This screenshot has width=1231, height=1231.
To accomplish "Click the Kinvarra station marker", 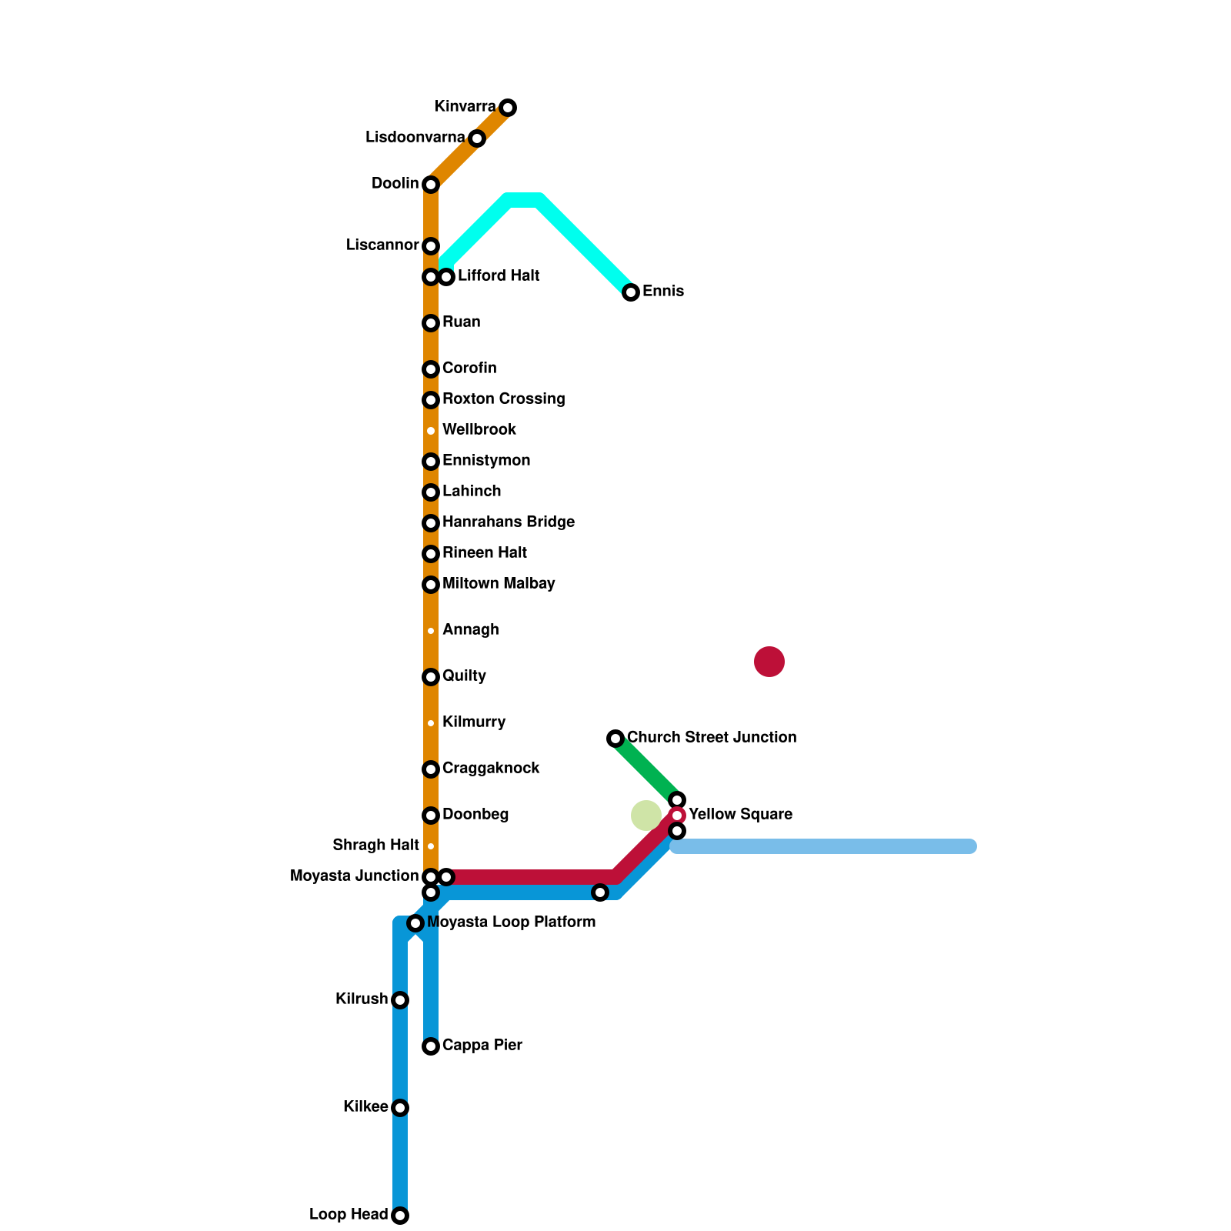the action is click(508, 108).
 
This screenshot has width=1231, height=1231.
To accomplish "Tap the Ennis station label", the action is click(663, 292).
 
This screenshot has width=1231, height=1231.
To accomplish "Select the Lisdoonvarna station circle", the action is click(477, 138).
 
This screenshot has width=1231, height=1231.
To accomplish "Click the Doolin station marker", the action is click(431, 185).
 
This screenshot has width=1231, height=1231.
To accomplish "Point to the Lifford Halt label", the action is click(499, 276).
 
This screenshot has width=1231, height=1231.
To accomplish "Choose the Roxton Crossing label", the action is click(504, 399).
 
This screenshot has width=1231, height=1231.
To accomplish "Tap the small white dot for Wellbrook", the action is click(431, 431).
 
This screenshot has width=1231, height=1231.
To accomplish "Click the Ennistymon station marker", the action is click(431, 462).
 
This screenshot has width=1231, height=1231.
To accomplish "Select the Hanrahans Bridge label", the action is click(509, 522).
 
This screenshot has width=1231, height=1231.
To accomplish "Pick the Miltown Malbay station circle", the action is click(431, 585).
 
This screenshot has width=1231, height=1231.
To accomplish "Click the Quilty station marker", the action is click(431, 677).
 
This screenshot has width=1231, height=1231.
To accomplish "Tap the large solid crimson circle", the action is click(769, 662).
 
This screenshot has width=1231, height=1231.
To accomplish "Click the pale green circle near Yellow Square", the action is click(646, 816).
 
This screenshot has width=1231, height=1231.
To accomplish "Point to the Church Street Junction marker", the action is click(615, 739).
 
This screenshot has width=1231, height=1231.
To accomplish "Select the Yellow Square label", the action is click(740, 815).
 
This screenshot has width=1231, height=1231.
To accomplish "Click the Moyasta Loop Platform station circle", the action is click(415, 923).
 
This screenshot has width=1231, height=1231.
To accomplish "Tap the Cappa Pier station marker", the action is click(431, 1046).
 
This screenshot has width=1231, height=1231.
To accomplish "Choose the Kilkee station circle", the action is click(400, 1108).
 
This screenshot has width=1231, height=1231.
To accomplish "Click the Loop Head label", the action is click(349, 1215).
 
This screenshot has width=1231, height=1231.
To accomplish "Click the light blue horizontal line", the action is click(823, 846).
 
